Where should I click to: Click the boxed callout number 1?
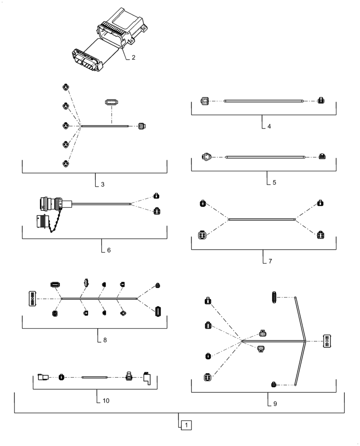click(x=186, y=425)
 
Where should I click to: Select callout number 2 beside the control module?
click(x=133, y=58)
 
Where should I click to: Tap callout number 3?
click(x=103, y=184)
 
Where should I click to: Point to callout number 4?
click(x=270, y=126)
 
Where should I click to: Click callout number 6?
click(x=109, y=250)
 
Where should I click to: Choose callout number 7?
click(x=270, y=260)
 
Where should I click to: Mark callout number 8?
click(x=105, y=340)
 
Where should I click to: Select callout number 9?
click(x=275, y=404)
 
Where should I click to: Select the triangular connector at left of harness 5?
click(x=206, y=157)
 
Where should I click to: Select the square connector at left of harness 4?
click(x=204, y=101)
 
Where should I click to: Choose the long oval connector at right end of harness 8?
click(x=158, y=312)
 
